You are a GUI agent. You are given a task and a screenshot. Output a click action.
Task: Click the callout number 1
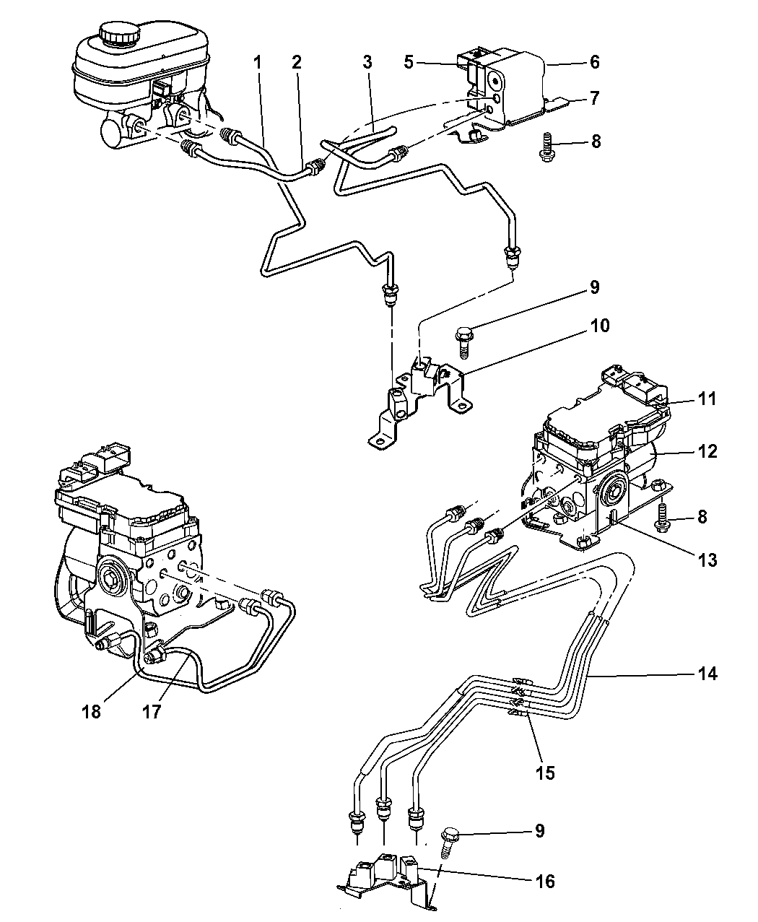pyautogui.click(x=257, y=62)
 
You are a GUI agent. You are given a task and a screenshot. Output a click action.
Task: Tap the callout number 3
pyautogui.click(x=367, y=62)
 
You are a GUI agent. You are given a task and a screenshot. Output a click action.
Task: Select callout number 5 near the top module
pyautogui.click(x=409, y=62)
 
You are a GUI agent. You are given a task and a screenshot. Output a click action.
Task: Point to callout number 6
pyautogui.click(x=594, y=62)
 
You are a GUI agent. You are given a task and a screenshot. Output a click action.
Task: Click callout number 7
pyautogui.click(x=594, y=98)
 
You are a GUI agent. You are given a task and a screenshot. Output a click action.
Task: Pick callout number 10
pyautogui.click(x=600, y=326)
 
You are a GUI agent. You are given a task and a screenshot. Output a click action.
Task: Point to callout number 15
pyautogui.click(x=546, y=773)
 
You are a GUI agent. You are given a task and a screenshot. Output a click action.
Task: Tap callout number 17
pyautogui.click(x=152, y=711)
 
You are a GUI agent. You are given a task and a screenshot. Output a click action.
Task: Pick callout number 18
pyautogui.click(x=92, y=711)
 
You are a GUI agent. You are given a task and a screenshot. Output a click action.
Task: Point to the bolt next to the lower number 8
pyautogui.click(x=663, y=518)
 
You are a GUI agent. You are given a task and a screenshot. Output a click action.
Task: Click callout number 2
pyautogui.click(x=296, y=62)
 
